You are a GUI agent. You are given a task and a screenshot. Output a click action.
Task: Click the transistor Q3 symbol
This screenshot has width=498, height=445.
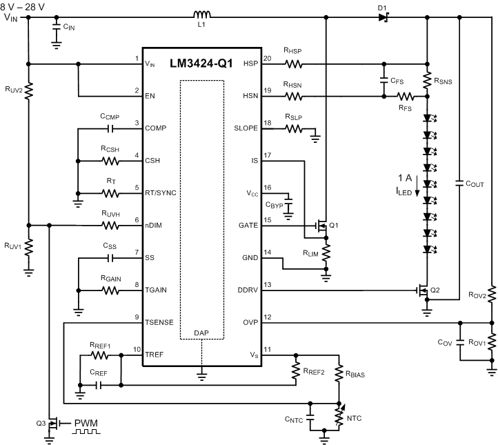tap(51, 422)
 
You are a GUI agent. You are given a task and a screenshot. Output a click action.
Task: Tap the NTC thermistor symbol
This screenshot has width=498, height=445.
tap(339, 415)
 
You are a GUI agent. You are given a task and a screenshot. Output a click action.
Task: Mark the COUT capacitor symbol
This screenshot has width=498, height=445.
tap(459, 183)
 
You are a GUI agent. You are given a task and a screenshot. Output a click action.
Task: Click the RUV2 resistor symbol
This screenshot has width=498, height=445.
tap(28, 90)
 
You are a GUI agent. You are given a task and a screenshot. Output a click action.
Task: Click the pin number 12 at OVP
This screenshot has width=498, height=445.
tap(270, 317)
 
